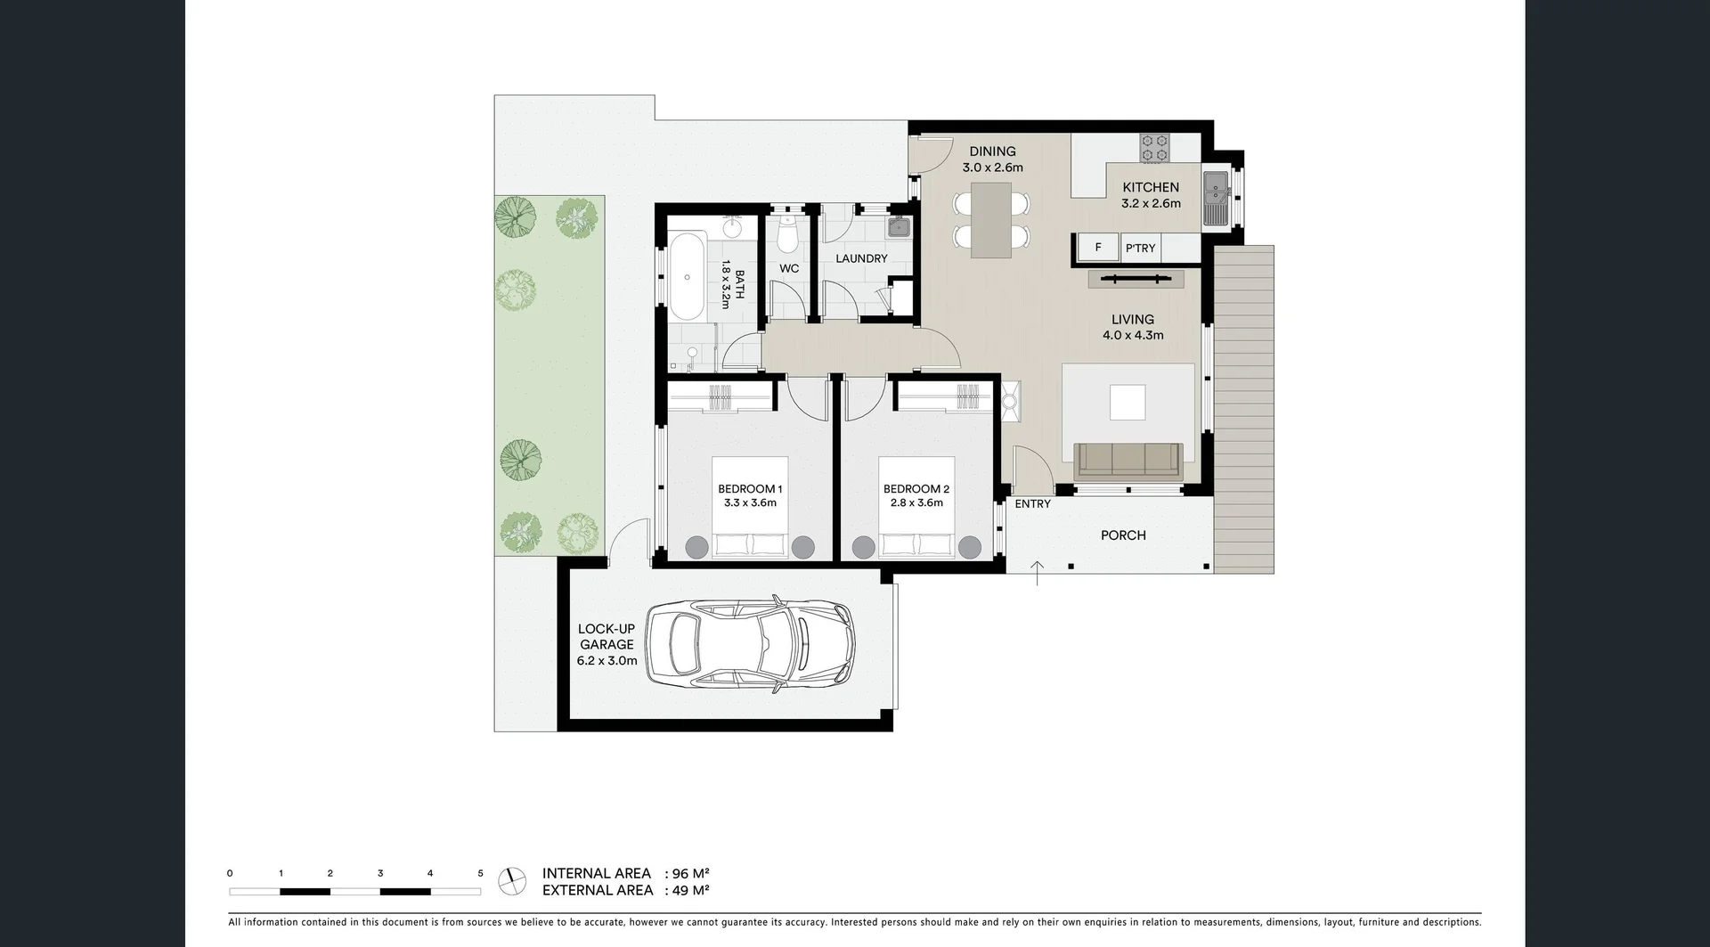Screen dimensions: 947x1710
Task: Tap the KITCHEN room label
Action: tap(1150, 187)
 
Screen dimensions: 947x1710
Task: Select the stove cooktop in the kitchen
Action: tap(1155, 148)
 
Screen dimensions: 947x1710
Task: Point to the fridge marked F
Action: tap(1098, 248)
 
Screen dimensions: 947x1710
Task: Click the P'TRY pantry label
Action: tap(1140, 249)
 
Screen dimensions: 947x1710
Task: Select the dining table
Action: tap(991, 220)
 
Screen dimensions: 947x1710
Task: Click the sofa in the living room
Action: tap(1128, 461)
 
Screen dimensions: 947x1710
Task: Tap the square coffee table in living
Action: tap(1128, 402)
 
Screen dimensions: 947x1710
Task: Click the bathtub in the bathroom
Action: tap(687, 277)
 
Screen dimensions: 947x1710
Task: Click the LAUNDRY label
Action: tap(861, 258)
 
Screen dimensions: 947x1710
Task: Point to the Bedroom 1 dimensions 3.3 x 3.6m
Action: tap(750, 503)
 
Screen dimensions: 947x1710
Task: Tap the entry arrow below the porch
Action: tap(1038, 573)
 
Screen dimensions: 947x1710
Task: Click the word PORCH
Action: tap(1123, 535)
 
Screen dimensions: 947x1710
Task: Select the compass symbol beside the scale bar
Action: tap(511, 881)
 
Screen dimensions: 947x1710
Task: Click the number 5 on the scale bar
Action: tap(480, 874)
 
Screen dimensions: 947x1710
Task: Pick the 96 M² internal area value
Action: tap(690, 874)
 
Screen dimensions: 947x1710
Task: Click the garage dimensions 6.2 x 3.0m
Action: tap(607, 661)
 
